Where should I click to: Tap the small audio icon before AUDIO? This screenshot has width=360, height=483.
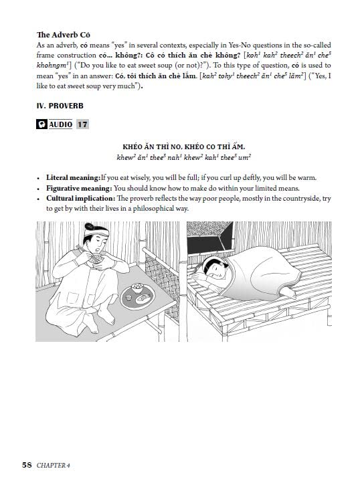coord(41,125)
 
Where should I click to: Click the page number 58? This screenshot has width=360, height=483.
coord(27,463)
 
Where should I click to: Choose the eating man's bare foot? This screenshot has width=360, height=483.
coord(94,327)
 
